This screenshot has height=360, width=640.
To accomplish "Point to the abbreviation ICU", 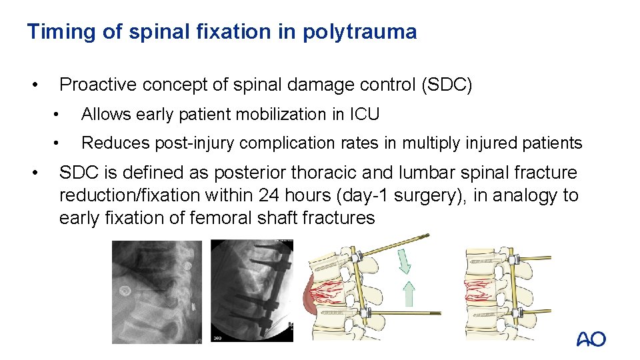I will pyautogui.click(x=364, y=115).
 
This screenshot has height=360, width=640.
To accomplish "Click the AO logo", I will pyautogui.click(x=591, y=339).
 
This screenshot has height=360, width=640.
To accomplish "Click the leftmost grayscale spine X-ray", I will pyautogui.click(x=156, y=291).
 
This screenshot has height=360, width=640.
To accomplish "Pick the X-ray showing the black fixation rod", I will pyautogui.click(x=252, y=291).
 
